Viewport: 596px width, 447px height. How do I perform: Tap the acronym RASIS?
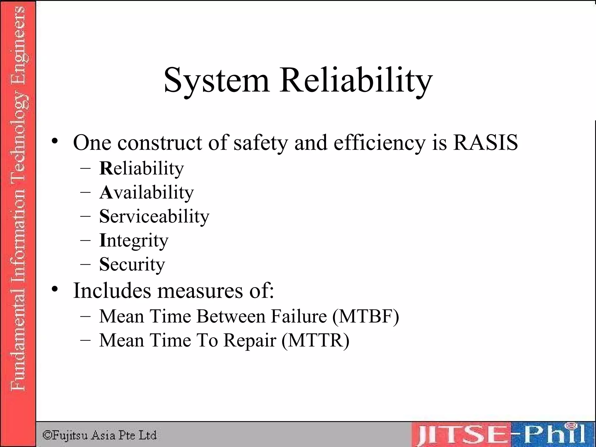click(x=485, y=143)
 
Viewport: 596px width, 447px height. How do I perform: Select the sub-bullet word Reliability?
click(x=142, y=168)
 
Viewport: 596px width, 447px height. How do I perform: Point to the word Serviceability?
click(x=154, y=217)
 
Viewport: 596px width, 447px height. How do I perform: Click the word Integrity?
click(x=134, y=241)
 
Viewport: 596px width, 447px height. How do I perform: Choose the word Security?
click(x=132, y=264)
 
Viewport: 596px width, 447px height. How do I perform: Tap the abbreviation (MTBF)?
click(x=366, y=316)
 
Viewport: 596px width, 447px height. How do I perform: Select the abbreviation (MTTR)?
click(x=315, y=340)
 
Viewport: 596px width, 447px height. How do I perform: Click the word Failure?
click(x=299, y=316)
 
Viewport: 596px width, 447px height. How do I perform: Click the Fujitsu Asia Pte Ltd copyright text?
click(x=100, y=435)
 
